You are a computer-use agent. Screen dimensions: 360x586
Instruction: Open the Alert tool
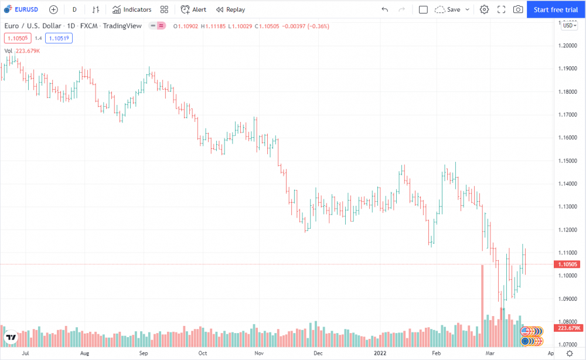(x=193, y=9)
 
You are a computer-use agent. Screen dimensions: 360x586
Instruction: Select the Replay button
(x=230, y=9)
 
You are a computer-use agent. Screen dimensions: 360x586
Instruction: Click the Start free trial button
(x=556, y=9)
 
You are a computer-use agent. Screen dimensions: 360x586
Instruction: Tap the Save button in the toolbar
(x=453, y=9)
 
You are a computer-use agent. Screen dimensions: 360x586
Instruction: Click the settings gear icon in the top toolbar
(x=484, y=9)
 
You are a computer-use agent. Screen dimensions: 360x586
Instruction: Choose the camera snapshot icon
(x=518, y=9)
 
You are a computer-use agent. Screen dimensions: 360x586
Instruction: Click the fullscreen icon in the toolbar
(x=501, y=9)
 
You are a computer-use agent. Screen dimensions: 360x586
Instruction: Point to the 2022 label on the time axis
(x=380, y=354)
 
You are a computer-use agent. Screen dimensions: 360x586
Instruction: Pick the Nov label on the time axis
(x=259, y=354)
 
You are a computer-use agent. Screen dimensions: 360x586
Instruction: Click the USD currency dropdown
(x=569, y=25)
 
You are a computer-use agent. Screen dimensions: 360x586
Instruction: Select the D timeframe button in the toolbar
(x=74, y=9)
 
